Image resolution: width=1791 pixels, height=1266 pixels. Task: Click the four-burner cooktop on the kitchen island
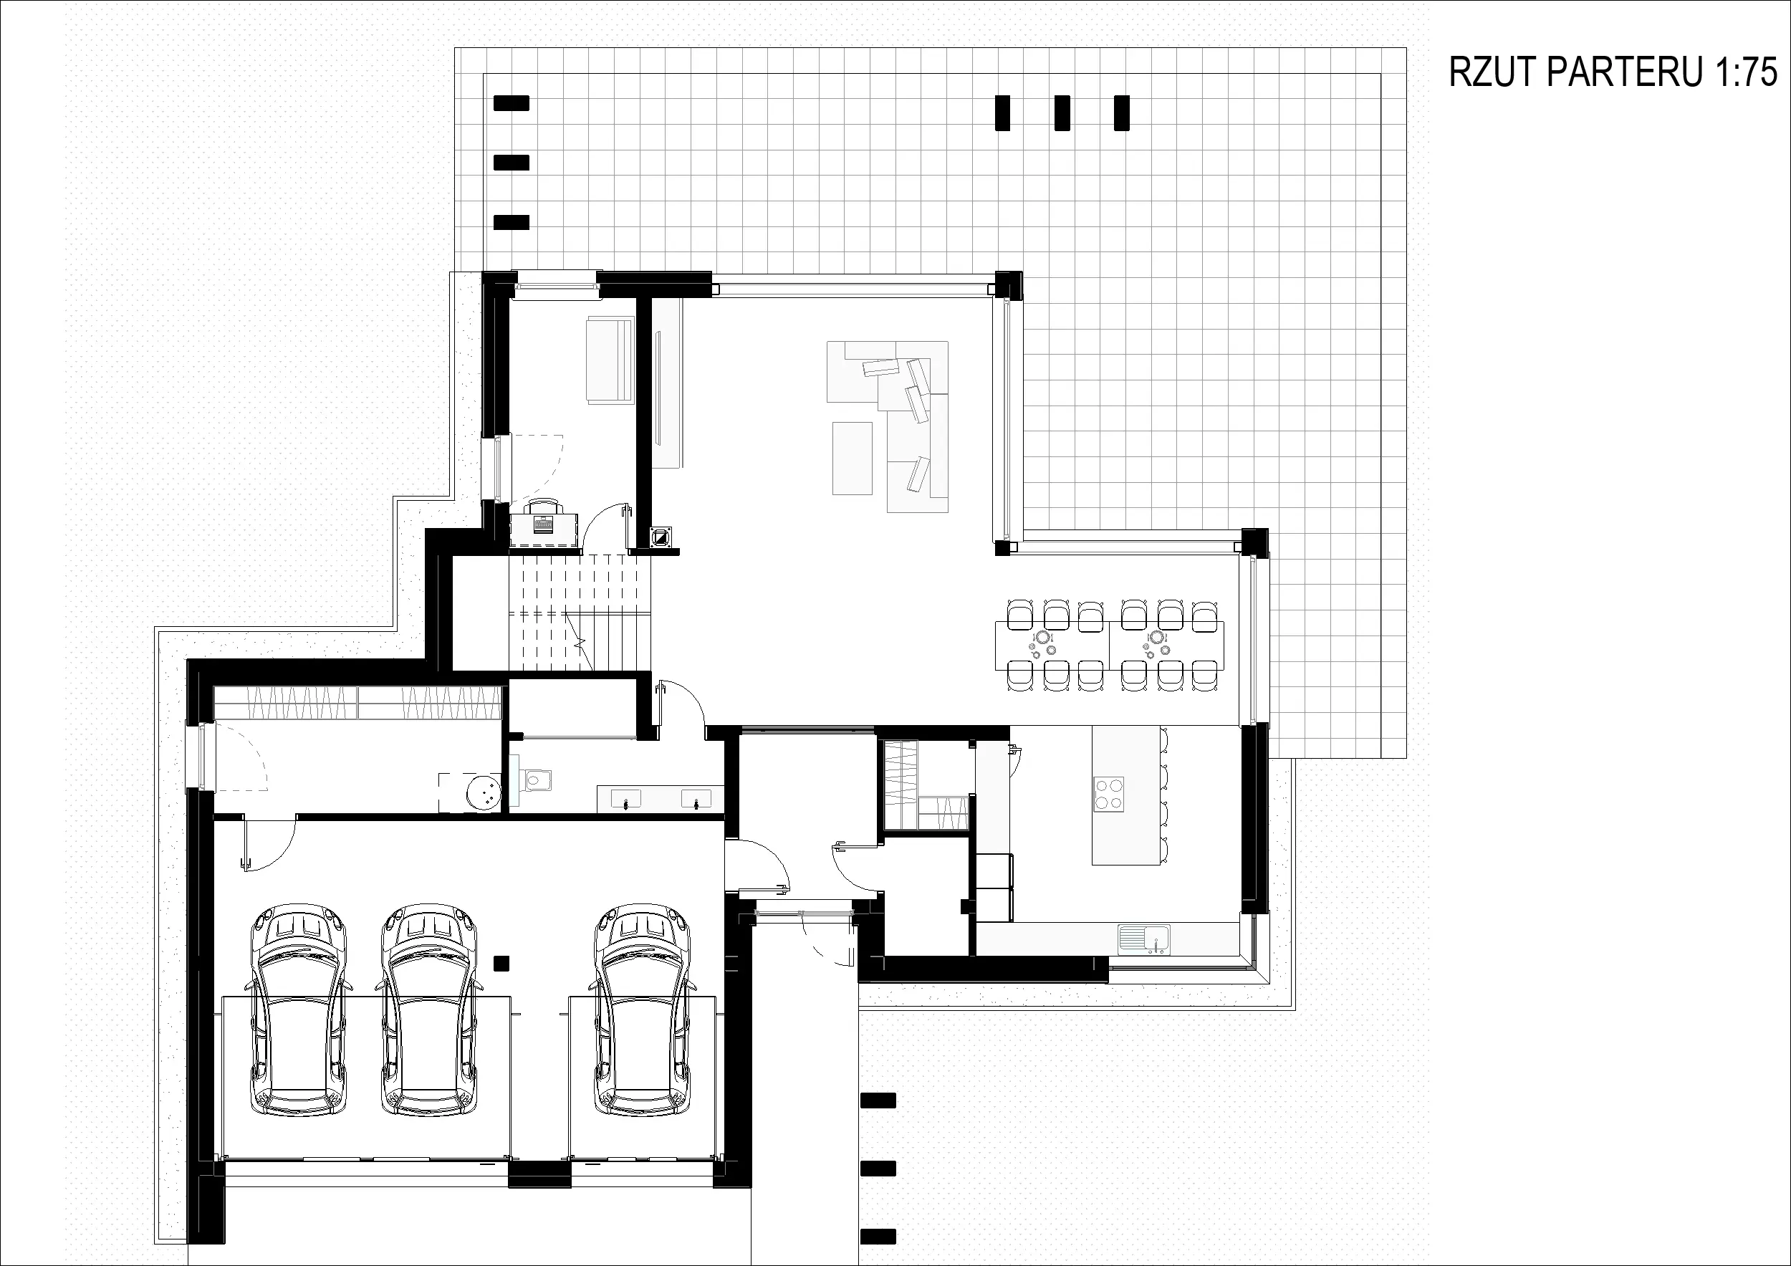tap(1108, 794)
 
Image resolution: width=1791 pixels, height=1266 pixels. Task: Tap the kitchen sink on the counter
tap(1144, 939)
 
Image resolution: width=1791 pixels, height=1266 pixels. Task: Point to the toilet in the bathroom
tap(537, 779)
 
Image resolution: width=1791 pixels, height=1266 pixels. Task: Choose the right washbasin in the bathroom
tap(696, 800)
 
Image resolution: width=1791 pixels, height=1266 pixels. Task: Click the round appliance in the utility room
tap(484, 792)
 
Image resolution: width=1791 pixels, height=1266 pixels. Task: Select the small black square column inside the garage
tap(501, 964)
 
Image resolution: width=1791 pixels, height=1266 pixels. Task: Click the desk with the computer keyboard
tap(545, 528)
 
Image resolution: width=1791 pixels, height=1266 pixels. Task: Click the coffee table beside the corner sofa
tap(852, 458)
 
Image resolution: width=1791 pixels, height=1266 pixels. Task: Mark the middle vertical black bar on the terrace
tap(1062, 113)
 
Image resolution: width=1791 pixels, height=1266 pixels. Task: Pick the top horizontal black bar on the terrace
tap(512, 103)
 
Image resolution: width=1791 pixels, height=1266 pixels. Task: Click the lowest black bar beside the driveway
tap(878, 1237)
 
